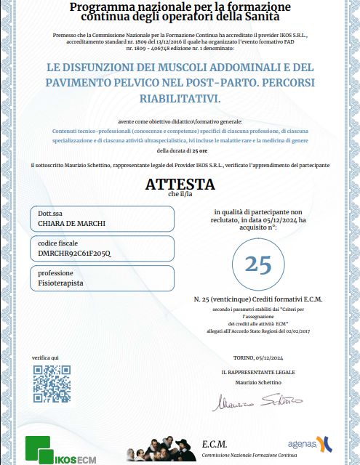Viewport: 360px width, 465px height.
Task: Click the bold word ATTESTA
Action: point(180,184)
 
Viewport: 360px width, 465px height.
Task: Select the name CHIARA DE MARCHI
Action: point(72,223)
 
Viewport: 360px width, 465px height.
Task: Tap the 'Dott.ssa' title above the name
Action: point(49,214)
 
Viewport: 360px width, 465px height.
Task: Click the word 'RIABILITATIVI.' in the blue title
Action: point(180,97)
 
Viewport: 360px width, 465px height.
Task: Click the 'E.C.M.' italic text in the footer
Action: point(215,443)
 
